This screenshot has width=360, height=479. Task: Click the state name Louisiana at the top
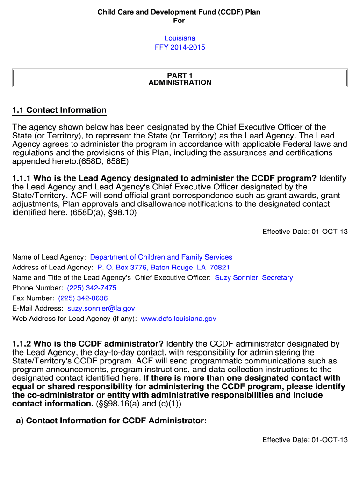point(180,38)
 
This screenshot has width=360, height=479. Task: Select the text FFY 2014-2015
point(180,47)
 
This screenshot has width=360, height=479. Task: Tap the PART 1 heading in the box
point(180,75)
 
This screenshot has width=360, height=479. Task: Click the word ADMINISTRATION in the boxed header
point(180,83)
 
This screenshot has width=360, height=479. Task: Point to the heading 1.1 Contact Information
point(59,110)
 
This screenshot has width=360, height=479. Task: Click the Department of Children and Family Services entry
point(161,257)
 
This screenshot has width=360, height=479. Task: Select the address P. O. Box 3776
point(122,268)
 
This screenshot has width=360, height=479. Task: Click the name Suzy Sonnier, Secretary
point(254,278)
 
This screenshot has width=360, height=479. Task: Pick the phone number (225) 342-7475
point(92,288)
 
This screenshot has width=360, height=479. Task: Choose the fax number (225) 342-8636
point(83,298)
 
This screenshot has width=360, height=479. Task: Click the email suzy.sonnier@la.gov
point(101,309)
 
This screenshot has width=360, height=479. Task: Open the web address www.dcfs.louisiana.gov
point(179,319)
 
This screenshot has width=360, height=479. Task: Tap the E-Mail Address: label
point(38,309)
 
